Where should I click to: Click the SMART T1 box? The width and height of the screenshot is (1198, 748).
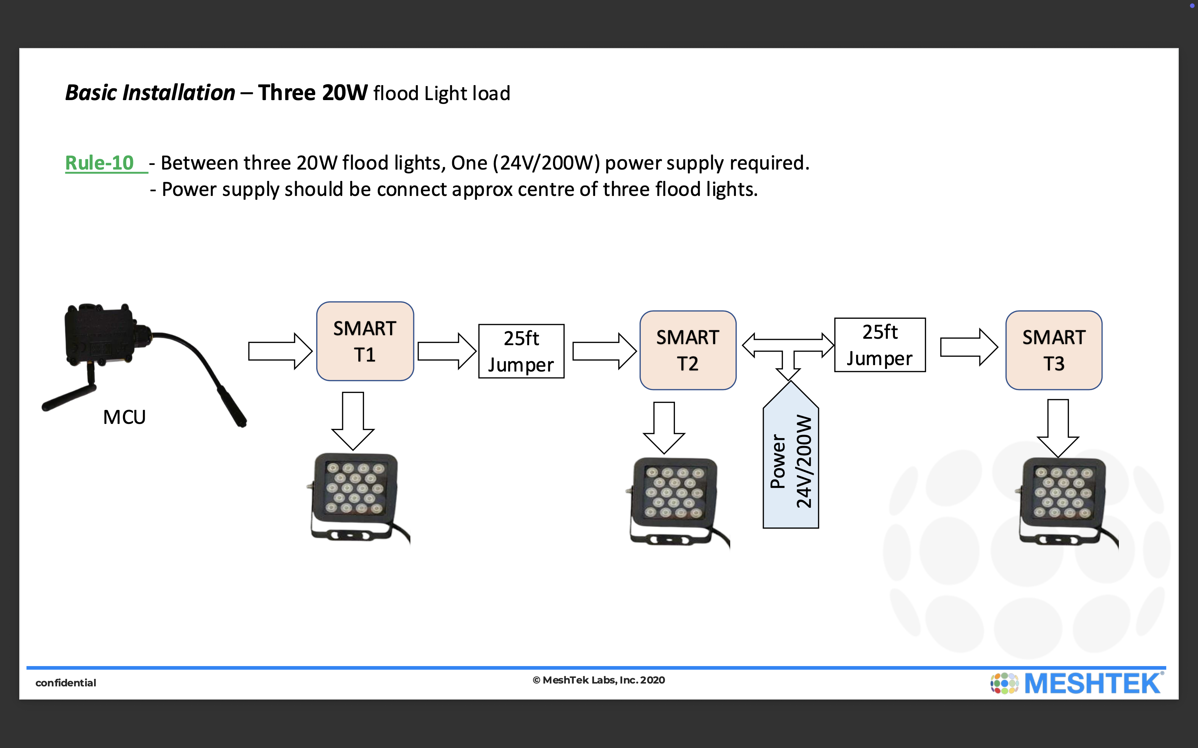[x=365, y=341]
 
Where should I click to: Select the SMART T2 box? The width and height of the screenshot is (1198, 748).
[x=688, y=350]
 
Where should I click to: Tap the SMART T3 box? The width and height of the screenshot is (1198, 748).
[x=1054, y=350]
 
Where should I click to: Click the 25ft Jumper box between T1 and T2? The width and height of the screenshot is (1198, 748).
[x=521, y=351]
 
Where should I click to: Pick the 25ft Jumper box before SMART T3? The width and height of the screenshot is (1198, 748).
[x=880, y=345]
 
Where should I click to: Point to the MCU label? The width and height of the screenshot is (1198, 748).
[x=124, y=417]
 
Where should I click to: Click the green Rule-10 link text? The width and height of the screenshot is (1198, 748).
[x=99, y=163]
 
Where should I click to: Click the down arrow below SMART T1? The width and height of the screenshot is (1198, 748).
[x=353, y=421]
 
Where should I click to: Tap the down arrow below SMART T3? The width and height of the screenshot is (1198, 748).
[x=1058, y=428]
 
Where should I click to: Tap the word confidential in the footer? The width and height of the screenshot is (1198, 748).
[x=66, y=683]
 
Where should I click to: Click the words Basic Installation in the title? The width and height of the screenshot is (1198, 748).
[x=150, y=93]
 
